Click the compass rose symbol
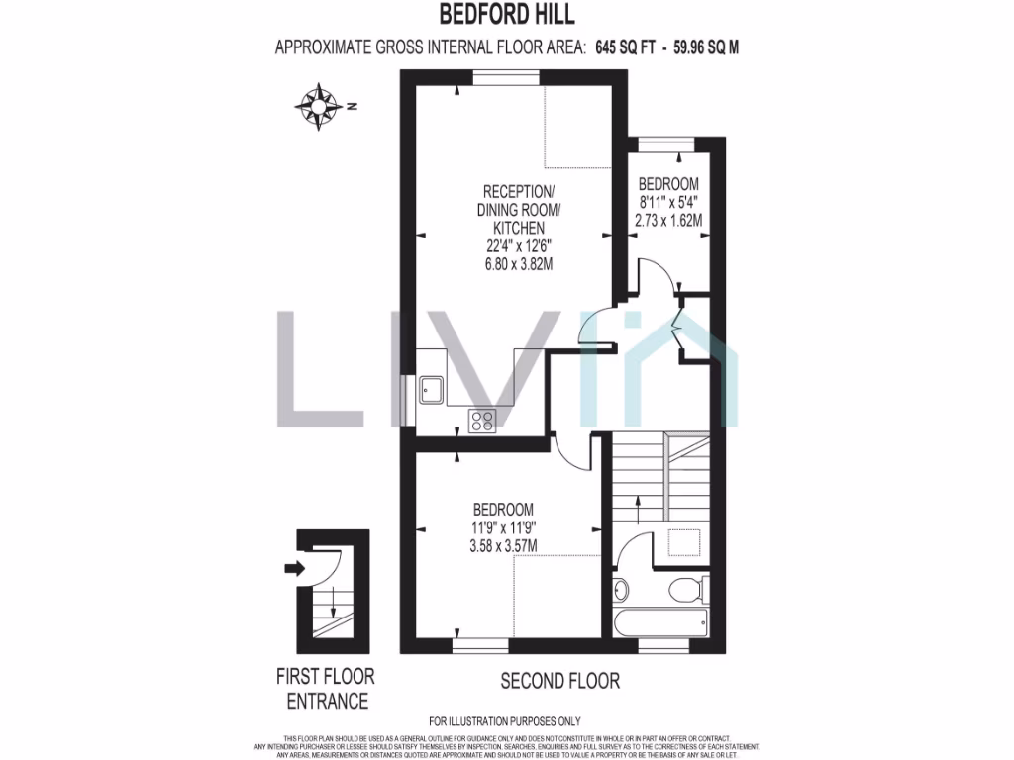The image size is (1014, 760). tap(319, 107)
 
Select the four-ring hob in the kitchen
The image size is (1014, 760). tap(482, 421)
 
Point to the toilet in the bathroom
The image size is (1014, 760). tap(685, 592)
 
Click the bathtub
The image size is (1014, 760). tap(660, 623)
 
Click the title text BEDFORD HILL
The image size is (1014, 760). tap(506, 15)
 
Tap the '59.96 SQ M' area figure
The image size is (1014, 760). tap(706, 47)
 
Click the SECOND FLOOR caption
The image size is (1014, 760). tap(559, 681)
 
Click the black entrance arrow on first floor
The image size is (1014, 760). tap(295, 568)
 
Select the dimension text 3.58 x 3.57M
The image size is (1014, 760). tap(503, 545)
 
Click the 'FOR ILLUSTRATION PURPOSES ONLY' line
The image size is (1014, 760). tap(505, 721)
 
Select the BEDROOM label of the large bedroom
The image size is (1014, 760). tap(504, 509)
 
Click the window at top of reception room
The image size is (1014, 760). tap(505, 79)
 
